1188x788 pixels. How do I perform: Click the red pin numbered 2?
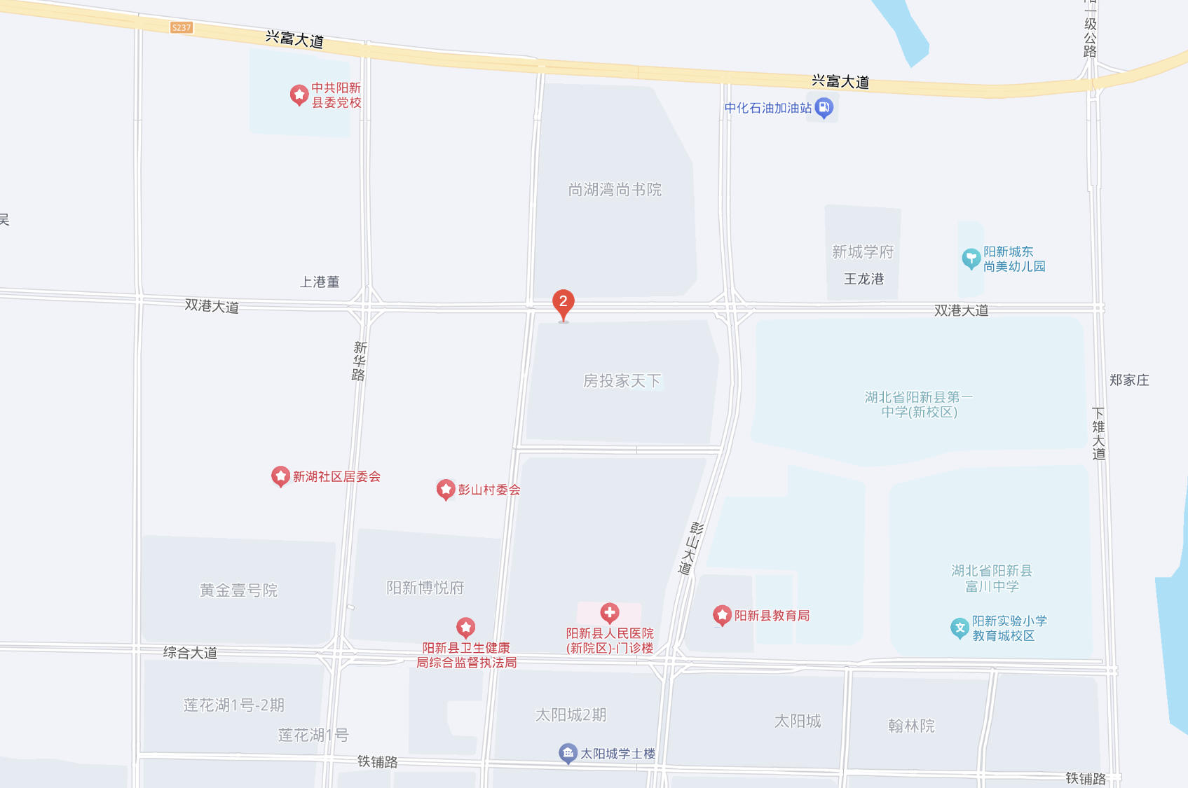click(563, 303)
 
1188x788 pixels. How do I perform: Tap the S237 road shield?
click(181, 27)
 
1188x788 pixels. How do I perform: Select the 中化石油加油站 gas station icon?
click(824, 108)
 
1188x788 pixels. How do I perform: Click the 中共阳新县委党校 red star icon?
click(299, 95)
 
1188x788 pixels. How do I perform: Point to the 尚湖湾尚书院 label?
click(615, 190)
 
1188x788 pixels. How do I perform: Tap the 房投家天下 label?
click(622, 380)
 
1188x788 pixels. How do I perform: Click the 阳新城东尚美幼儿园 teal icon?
click(971, 258)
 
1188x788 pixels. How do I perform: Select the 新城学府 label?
click(862, 251)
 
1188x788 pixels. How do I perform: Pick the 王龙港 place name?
click(863, 279)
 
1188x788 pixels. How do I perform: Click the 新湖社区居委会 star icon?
click(280, 476)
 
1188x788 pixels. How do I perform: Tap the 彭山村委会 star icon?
click(446, 489)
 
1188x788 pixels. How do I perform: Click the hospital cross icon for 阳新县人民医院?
click(610, 613)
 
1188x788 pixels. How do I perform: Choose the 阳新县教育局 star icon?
click(722, 616)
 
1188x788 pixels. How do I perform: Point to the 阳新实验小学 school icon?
click(960, 628)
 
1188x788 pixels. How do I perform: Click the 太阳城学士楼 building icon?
click(568, 753)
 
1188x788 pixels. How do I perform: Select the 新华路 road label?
click(360, 361)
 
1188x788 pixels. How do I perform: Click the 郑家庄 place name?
click(1129, 380)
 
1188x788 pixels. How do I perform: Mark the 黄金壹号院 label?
click(238, 590)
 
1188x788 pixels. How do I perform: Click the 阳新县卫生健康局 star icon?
click(466, 627)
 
